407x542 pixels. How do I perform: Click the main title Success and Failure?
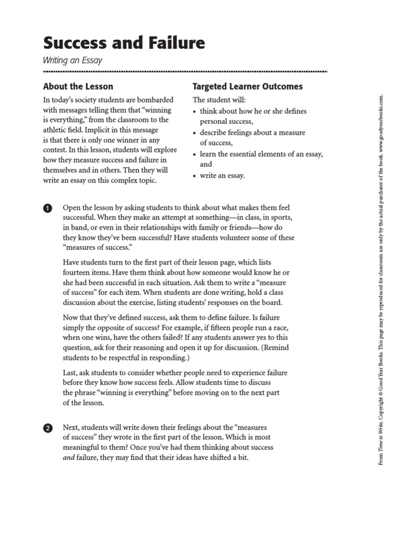coord(123,42)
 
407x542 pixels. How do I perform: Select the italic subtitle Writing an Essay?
coord(72,60)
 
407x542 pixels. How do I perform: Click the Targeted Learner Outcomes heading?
coord(247,86)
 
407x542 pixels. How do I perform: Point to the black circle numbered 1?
coord(48,209)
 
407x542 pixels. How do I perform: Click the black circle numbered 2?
coord(48,428)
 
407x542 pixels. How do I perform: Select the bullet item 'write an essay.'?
coord(222,176)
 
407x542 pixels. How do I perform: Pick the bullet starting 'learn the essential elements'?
coord(261,154)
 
